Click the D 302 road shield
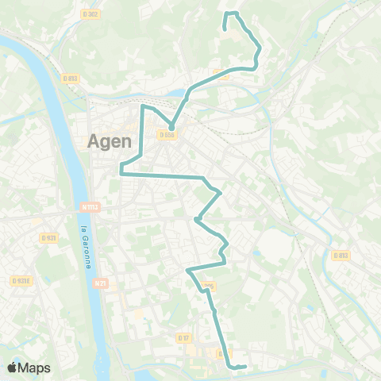pyautogui.click(x=90, y=13)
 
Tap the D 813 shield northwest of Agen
pyautogui.click(x=69, y=78)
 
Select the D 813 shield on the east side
pyautogui.click(x=341, y=256)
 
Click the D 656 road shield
pyautogui.click(x=166, y=136)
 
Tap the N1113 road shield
pyautogui.click(x=90, y=207)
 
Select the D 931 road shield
pyautogui.click(x=49, y=237)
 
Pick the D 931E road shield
pyautogui.click(x=20, y=280)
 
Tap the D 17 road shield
pyautogui.click(x=184, y=338)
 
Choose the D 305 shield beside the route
pyautogui.click(x=210, y=286)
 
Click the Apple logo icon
pyautogui.click(x=13, y=368)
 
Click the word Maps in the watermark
pyautogui.click(x=35, y=368)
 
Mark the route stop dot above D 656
pyautogui.click(x=171, y=126)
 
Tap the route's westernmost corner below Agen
pyautogui.click(x=121, y=171)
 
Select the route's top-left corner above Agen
pyautogui.click(x=143, y=106)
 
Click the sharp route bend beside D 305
pyautogui.click(x=188, y=271)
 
